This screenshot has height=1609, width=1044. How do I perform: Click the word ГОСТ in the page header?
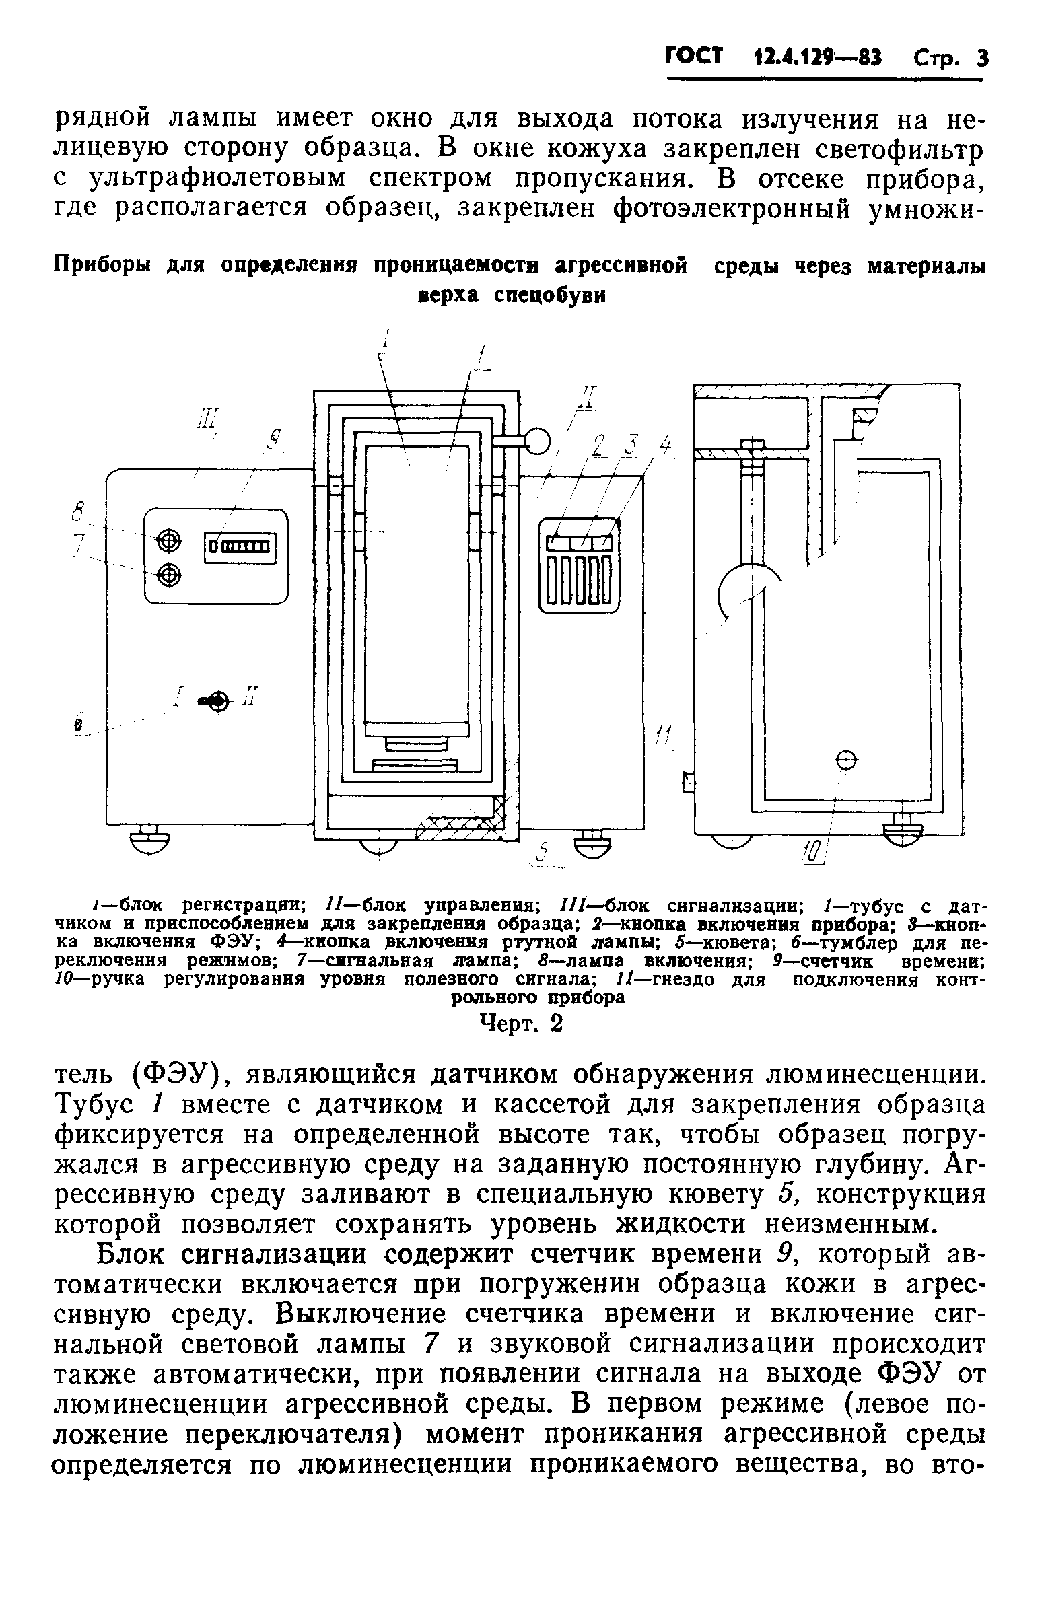pyautogui.click(x=694, y=56)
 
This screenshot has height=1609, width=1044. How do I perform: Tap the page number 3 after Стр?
pyautogui.click(x=981, y=58)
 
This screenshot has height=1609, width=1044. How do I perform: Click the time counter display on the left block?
pyautogui.click(x=241, y=546)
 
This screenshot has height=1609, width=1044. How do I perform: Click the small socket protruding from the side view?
pyautogui.click(x=689, y=783)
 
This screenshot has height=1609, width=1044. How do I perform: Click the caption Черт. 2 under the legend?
pyautogui.click(x=520, y=1024)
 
